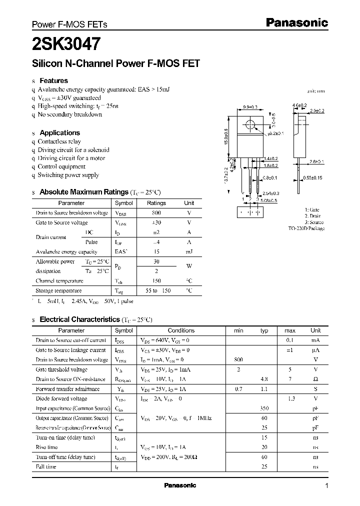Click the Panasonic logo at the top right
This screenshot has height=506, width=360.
point(296,22)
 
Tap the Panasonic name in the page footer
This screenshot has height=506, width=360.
point(180,485)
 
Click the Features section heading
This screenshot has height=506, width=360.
point(53,80)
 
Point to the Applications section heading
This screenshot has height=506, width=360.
point(59,133)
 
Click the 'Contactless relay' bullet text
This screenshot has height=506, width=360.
point(59,141)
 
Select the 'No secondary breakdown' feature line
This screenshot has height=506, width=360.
point(70,114)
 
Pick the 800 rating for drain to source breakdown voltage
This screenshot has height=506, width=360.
point(156,213)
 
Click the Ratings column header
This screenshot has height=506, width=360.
point(156,203)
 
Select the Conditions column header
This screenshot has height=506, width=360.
point(181,330)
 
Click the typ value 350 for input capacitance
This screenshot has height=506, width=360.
point(264,408)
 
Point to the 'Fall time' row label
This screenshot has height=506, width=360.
point(46,466)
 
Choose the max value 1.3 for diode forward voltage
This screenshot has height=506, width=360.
point(290,399)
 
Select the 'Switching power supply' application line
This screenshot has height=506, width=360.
point(68,175)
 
